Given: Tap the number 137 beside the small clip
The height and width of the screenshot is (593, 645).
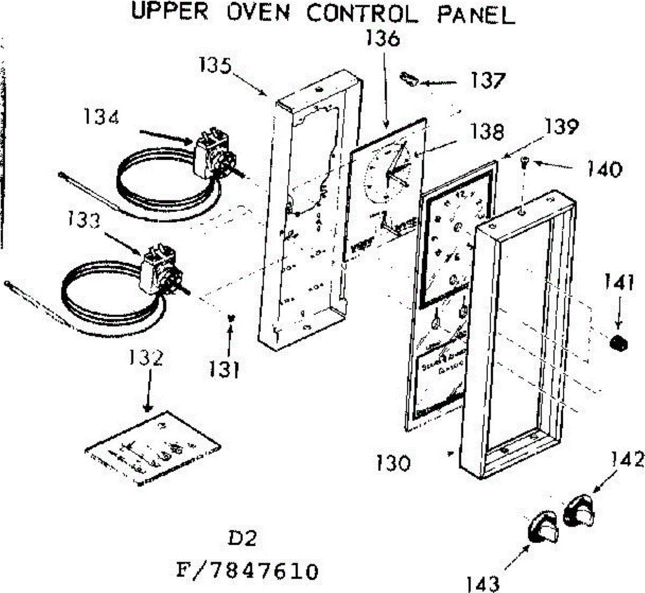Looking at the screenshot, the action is [488, 81].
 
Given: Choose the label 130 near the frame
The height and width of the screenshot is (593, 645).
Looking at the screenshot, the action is [393, 463].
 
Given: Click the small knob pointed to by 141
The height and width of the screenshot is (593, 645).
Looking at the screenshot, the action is [619, 342].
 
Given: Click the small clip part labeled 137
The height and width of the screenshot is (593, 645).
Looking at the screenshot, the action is [410, 79].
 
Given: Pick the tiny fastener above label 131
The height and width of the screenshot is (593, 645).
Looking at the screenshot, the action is [231, 317].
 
